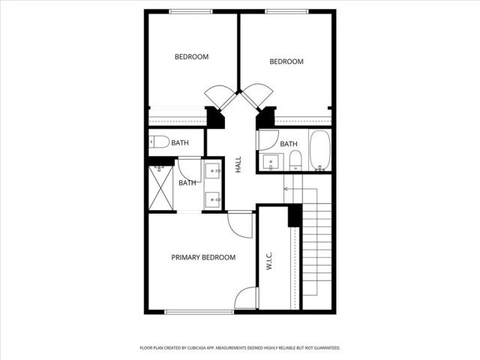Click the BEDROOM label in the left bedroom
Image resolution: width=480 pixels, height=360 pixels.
point(191,57)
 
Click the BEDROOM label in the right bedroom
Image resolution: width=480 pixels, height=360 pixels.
point(286,61)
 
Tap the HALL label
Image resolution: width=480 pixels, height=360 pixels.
point(238,165)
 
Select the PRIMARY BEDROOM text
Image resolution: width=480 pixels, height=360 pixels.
point(203,257)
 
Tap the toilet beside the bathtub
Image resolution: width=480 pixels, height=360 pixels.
point(295,160)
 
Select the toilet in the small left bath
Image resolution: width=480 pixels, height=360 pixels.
point(158,142)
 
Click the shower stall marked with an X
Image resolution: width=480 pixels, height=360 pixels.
point(161,187)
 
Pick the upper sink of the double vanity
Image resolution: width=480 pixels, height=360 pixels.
point(214,172)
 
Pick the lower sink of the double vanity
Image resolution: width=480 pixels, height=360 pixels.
point(214,199)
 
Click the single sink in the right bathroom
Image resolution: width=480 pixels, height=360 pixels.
point(270,160)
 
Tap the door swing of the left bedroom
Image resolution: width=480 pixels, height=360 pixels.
point(219,96)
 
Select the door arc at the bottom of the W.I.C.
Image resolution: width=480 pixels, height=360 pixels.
point(247,298)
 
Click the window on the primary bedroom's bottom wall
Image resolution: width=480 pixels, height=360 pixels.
point(190,312)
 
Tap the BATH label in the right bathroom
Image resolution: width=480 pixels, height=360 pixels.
point(289,144)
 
